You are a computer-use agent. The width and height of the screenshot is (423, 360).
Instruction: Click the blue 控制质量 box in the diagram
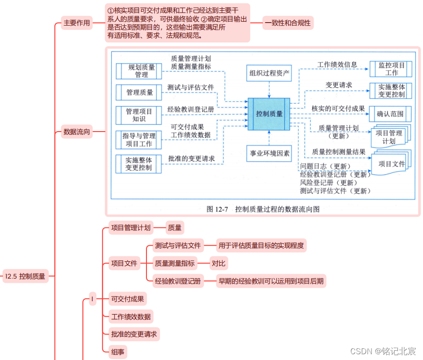coord(269,114)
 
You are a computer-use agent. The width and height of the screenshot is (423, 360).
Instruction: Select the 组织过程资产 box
coord(269,73)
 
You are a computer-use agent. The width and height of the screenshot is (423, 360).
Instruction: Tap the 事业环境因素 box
coord(269,154)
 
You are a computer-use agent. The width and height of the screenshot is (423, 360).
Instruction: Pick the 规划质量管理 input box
coord(139,71)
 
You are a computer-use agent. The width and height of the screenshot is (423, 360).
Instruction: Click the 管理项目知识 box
coord(139,115)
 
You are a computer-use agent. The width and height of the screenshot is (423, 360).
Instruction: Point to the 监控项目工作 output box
coord(391,69)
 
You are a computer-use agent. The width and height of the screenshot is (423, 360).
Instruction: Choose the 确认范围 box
coord(390,114)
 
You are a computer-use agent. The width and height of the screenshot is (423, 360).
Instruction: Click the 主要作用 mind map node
coord(77,23)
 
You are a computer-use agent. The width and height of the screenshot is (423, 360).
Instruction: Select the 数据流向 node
coord(77,132)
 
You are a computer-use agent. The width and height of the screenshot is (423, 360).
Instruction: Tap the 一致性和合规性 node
coord(288,23)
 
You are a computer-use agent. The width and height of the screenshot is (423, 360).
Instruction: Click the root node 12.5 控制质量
coord(25,276)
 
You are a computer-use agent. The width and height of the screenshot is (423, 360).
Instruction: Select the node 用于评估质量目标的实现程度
coord(261,246)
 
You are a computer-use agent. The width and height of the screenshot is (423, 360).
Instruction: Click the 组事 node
coord(118,352)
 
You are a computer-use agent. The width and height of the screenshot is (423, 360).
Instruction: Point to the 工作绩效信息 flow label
coord(337,64)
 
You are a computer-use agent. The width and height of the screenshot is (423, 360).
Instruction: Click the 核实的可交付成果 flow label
coord(338,108)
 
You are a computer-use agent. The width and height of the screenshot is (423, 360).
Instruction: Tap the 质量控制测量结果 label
coord(339,151)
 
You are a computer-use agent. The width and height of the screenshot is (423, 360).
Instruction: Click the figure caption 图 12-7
coord(263,209)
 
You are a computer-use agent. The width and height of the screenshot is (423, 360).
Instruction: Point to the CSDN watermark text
coord(383,351)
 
